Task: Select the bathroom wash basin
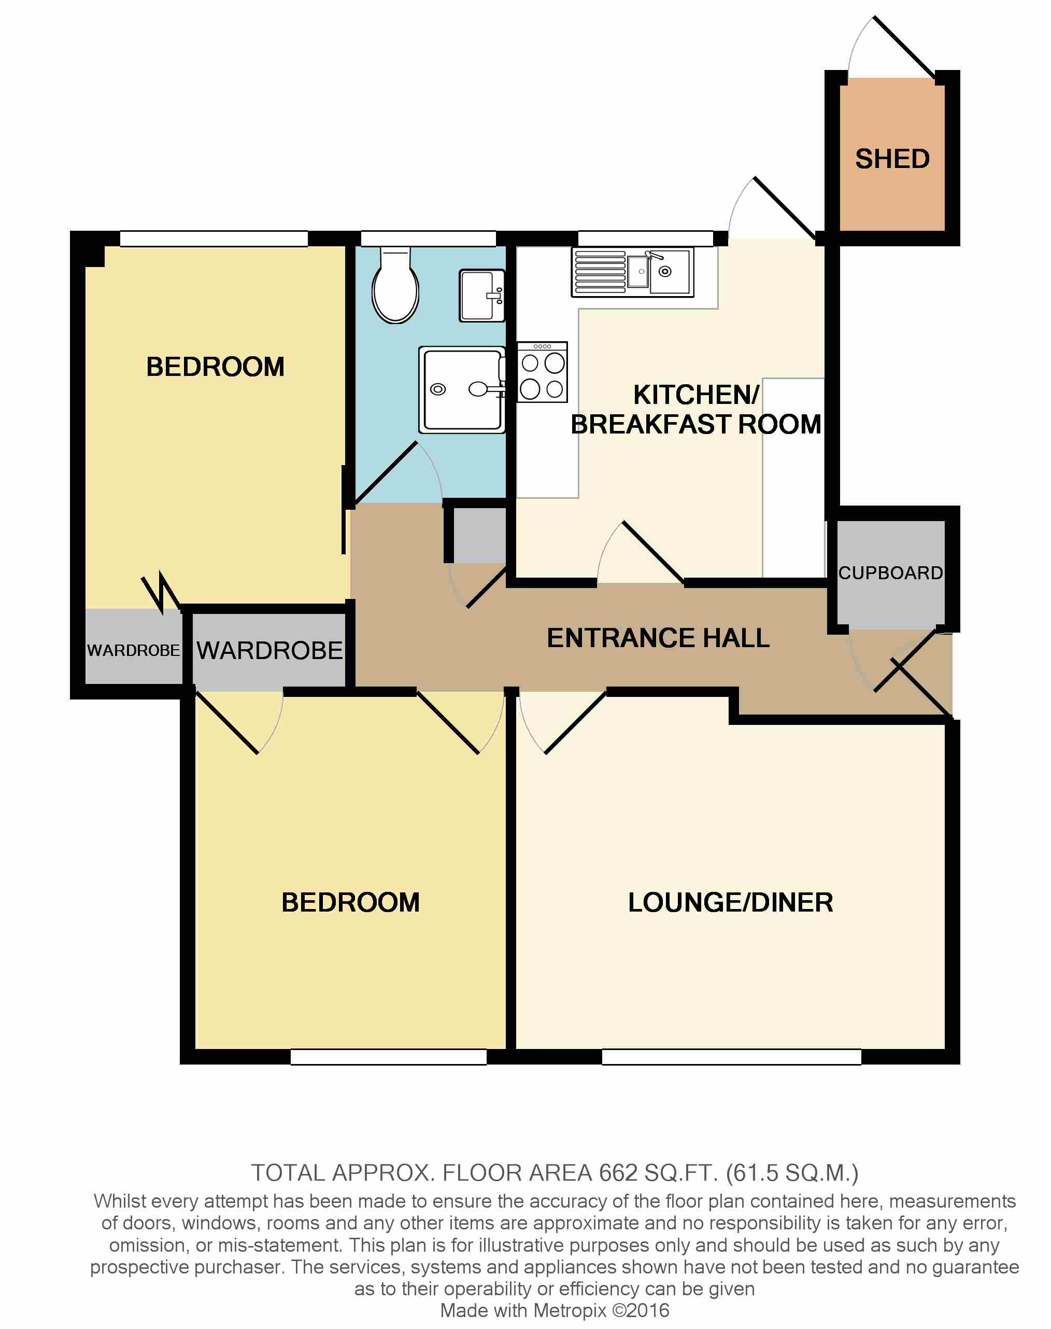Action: point(481,296)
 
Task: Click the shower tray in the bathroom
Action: point(462,389)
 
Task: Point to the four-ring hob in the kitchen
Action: point(542,372)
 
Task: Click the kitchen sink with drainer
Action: point(633,272)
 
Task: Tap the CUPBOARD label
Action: point(890,573)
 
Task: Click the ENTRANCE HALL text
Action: point(658,638)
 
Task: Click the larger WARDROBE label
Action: point(269,651)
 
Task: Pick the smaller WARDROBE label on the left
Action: point(134,651)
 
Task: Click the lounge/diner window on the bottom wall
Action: point(731,1057)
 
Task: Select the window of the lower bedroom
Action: point(388,1057)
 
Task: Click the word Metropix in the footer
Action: point(570,1310)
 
